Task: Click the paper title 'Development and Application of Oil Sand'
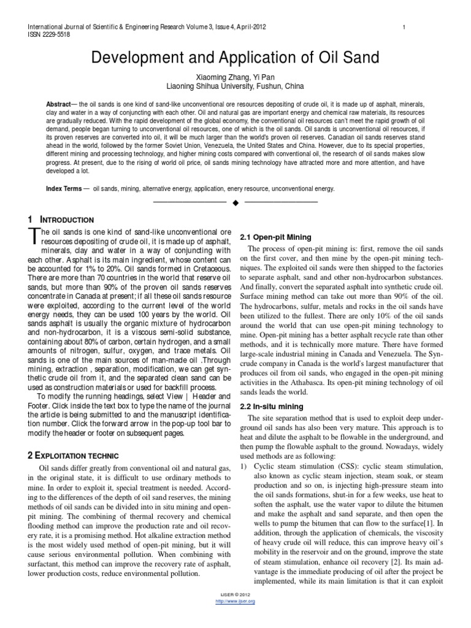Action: point(235,58)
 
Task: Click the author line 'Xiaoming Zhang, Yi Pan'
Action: point(235,77)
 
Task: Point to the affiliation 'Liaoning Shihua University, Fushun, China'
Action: point(235,86)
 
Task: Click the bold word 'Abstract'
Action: point(59,105)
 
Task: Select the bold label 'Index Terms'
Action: point(64,189)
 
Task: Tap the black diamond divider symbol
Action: point(235,203)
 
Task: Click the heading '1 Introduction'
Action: point(61,220)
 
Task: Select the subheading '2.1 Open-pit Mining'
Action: point(275,237)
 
